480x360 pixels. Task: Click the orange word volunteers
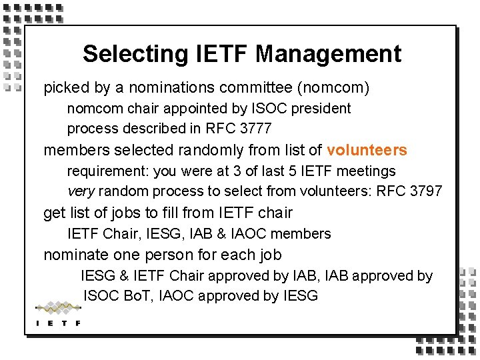pyautogui.click(x=367, y=150)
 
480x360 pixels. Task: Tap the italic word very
pyautogui.click(x=81, y=191)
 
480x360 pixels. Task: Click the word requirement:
pyautogui.click(x=108, y=171)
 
